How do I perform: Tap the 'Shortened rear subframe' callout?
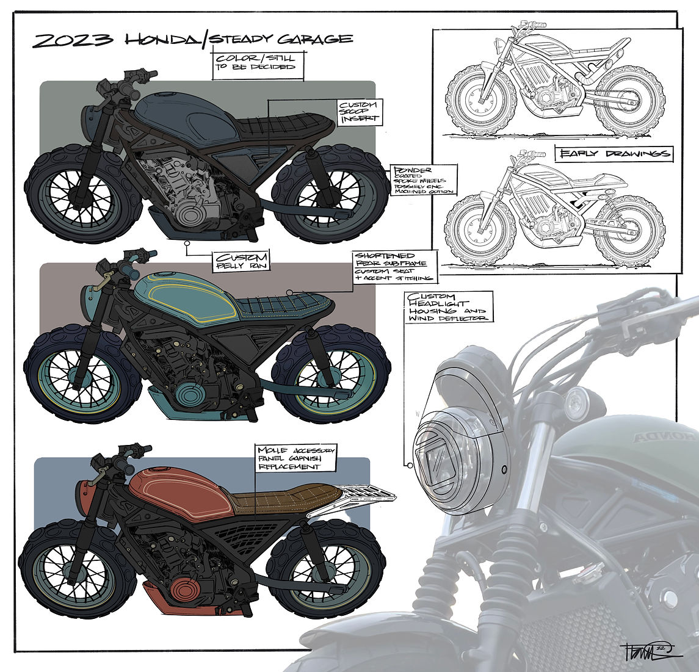click(394, 267)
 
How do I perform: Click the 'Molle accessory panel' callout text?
click(296, 458)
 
